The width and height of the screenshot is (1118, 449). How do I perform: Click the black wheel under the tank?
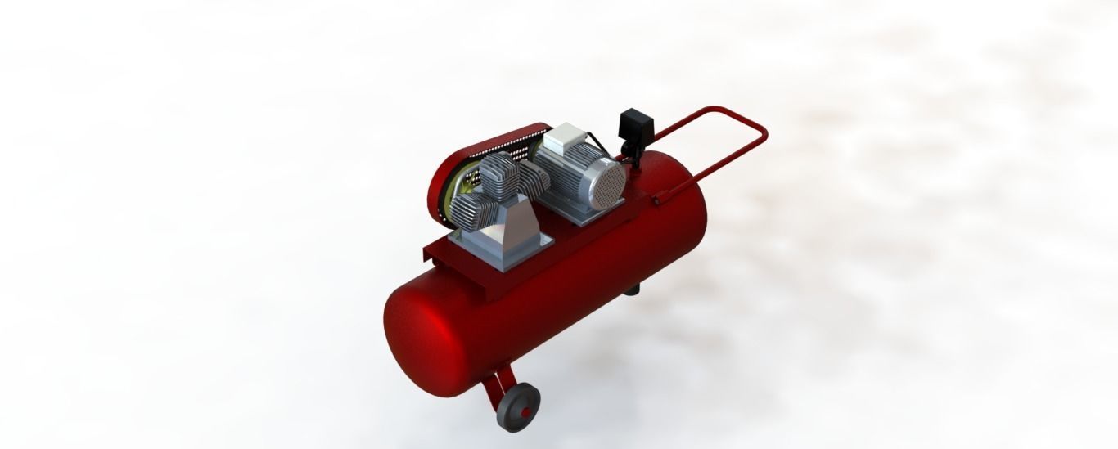tap(515, 408)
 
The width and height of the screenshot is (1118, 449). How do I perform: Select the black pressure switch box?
tap(637, 127)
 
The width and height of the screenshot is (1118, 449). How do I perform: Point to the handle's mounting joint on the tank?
tap(660, 198)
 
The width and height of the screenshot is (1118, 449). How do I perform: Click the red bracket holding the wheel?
tap(494, 388)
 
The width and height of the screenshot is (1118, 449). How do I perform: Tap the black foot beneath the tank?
tap(631, 289)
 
